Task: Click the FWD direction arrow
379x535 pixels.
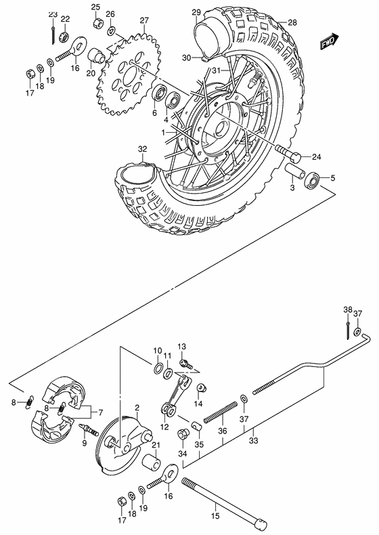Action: (331, 42)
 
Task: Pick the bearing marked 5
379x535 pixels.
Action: (313, 180)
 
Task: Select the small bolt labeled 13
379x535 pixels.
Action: (185, 364)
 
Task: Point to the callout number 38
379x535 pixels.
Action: (347, 311)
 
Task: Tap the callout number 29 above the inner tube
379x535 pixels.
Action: (196, 12)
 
